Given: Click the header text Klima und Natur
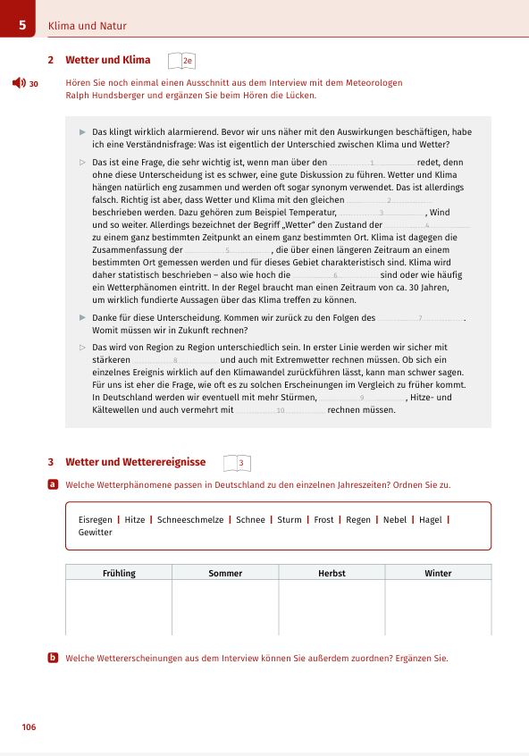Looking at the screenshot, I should coord(88,26).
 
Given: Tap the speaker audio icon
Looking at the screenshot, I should coord(18,83).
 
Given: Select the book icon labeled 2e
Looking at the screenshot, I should coord(181,61).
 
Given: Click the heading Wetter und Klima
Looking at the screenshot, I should coord(108,60).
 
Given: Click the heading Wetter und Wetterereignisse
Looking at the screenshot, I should coord(136,462).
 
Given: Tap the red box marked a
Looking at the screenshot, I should coord(53,483).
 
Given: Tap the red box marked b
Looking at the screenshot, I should coord(53,658).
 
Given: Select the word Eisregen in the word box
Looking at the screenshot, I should coord(96,519).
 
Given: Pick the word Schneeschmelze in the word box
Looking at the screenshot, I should coord(190,519).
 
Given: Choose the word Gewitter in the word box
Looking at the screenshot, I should coord(96,532).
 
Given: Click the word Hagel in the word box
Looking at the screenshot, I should coord(430,519).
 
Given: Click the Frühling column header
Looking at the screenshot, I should coord(118,573).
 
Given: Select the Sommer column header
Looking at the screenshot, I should coord(225,573).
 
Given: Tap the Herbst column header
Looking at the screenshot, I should coord(332,573).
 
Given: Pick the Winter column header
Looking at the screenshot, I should coord(438,573).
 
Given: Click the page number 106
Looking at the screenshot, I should coord(29,727).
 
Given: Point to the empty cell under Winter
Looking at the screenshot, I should coord(438,608).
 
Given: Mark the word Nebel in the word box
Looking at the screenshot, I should coord(394,519).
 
